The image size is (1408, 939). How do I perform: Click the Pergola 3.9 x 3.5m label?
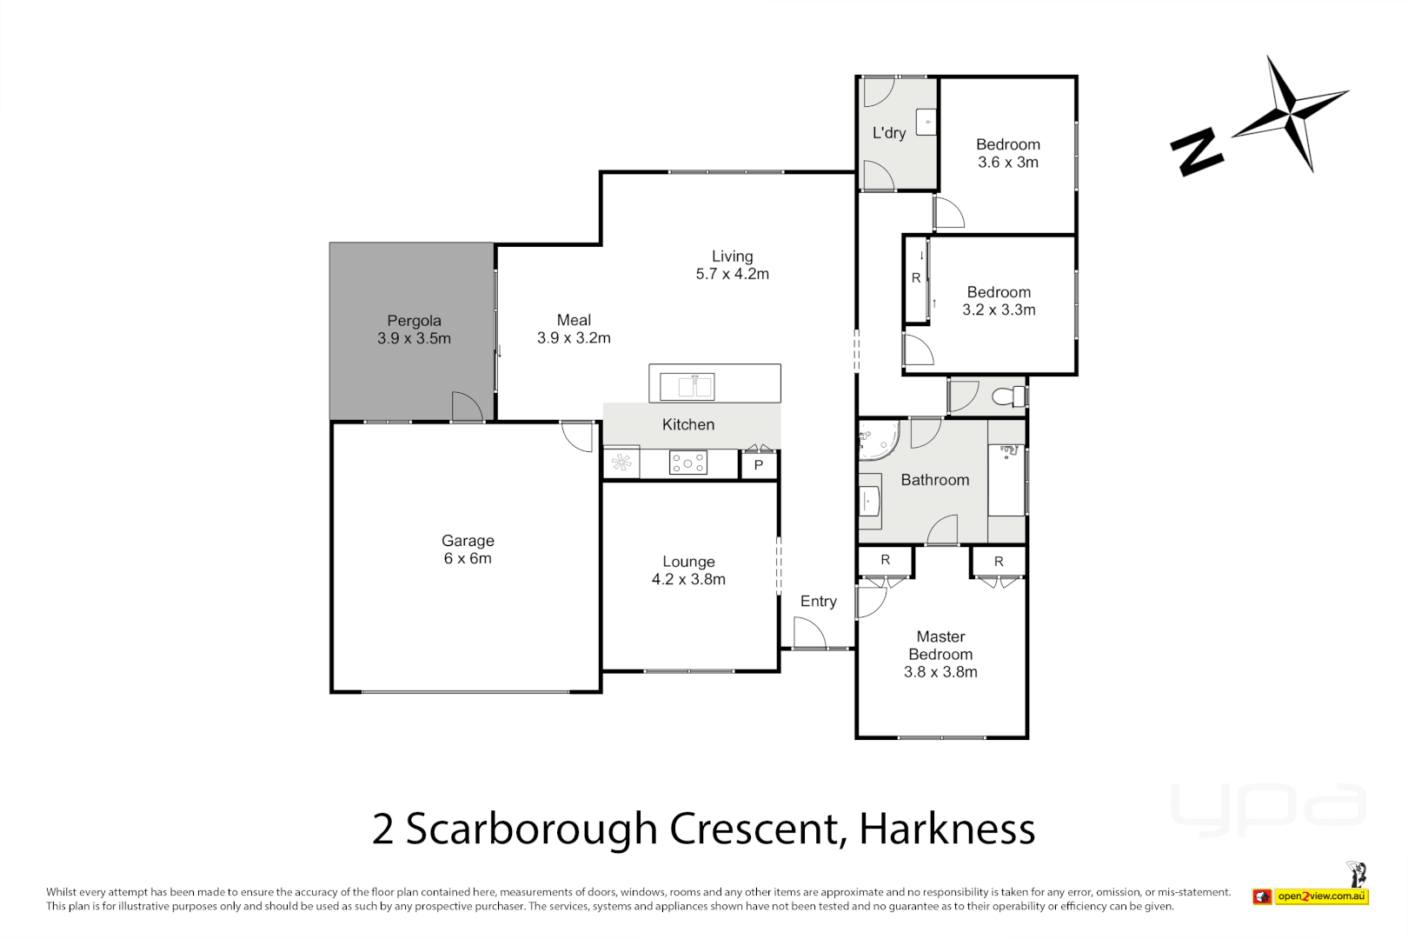[414, 330]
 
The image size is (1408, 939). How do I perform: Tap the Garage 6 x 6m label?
[468, 549]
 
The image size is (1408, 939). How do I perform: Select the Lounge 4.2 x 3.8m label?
[688, 570]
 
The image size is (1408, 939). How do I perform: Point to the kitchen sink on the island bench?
[687, 385]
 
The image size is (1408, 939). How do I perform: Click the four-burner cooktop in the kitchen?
[687, 463]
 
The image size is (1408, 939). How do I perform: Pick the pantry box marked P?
[758, 465]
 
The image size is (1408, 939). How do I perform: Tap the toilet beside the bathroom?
[1008, 396]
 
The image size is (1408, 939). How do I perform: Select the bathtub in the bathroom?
[1006, 481]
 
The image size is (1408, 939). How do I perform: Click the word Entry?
[818, 601]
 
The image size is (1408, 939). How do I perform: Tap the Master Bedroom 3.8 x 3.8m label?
[940, 654]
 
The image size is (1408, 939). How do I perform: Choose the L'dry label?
[889, 133]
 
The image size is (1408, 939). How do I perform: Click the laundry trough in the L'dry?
[926, 123]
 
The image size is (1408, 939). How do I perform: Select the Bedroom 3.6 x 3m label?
[1007, 153]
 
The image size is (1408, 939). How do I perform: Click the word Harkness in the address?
[946, 829]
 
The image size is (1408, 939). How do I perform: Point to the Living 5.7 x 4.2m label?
[732, 264]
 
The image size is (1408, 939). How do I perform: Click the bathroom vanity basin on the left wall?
[869, 501]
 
